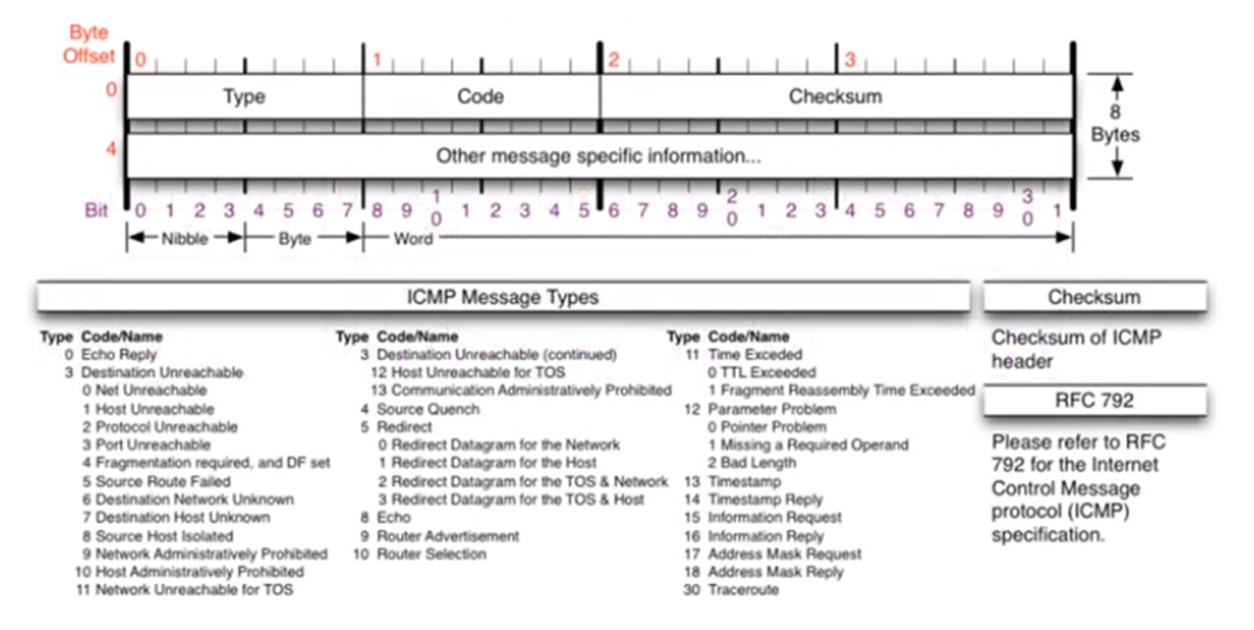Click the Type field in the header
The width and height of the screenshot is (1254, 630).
tap(244, 96)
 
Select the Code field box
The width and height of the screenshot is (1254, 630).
tap(481, 96)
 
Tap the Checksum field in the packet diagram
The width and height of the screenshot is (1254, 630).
tap(835, 96)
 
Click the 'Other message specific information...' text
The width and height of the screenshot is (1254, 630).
tap(598, 156)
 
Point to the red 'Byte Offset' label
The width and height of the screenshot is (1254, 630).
tap(89, 44)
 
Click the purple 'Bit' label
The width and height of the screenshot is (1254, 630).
tap(97, 211)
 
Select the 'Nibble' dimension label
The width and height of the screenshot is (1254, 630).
tap(185, 238)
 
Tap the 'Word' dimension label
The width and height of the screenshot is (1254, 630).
tap(413, 238)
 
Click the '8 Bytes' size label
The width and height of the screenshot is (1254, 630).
tap(1115, 125)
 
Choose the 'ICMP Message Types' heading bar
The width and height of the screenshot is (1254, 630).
tap(503, 297)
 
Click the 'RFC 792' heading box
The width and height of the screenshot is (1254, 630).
tap(1094, 401)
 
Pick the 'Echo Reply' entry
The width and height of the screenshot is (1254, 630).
tap(119, 354)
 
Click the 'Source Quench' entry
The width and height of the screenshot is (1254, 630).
tap(428, 409)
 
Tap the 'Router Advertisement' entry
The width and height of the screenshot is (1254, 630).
tap(448, 536)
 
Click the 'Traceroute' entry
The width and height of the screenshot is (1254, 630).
tap(744, 590)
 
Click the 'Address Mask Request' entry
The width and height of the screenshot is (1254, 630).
tap(784, 554)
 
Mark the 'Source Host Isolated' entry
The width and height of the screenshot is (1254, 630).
tap(165, 536)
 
